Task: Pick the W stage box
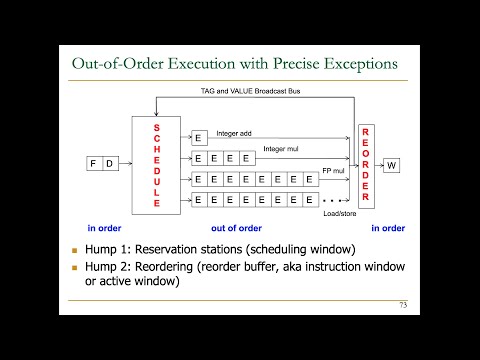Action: click(x=392, y=165)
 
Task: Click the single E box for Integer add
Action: click(x=198, y=138)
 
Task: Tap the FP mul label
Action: click(x=332, y=172)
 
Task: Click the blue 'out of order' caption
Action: click(x=258, y=227)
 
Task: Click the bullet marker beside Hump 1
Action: click(x=73, y=249)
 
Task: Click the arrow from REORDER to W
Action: click(x=377, y=165)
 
